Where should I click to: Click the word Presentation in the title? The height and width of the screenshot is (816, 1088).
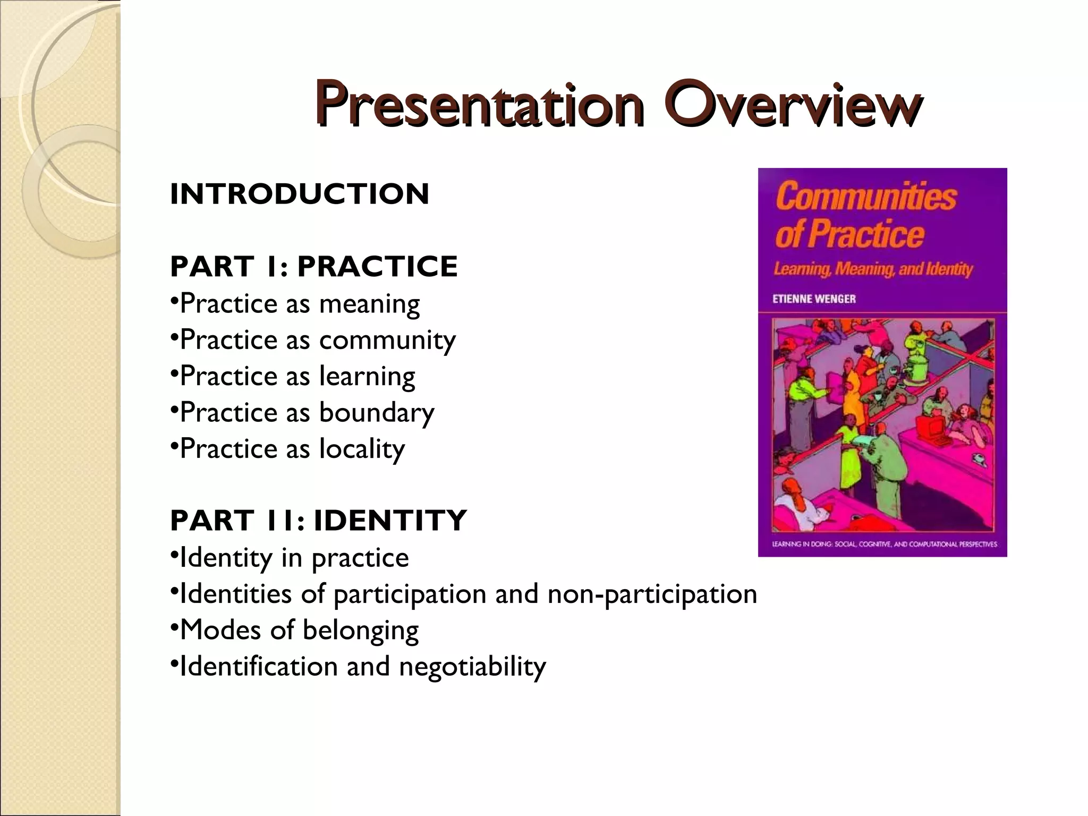[478, 104]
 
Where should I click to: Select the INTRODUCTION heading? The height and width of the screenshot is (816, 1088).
[299, 194]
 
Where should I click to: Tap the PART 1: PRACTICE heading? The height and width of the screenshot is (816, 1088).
[313, 267]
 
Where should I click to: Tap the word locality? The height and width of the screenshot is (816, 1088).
[362, 449]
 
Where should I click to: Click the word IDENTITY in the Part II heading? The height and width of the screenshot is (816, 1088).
[390, 521]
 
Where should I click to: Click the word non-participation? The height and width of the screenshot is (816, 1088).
[652, 594]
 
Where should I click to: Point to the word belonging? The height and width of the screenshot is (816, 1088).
[360, 631]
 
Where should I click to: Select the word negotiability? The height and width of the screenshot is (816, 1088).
[472, 667]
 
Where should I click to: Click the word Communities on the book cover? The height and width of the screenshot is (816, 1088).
[866, 196]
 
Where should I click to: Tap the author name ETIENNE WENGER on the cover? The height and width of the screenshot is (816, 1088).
[814, 299]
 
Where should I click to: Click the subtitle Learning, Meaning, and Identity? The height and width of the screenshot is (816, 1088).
[872, 269]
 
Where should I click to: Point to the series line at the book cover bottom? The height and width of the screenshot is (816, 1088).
[884, 545]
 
